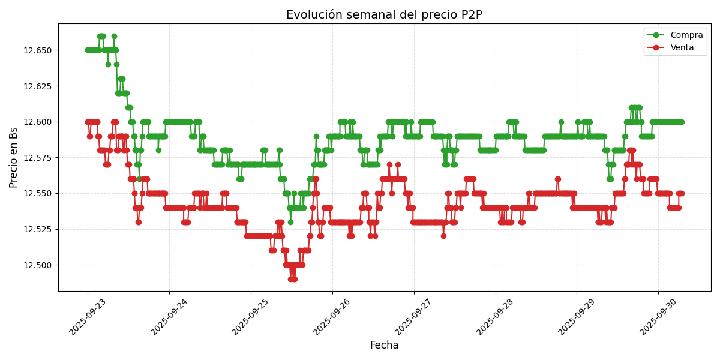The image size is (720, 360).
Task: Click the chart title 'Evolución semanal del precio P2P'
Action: [x=384, y=15]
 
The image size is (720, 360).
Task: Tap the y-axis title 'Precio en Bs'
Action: [x=14, y=157]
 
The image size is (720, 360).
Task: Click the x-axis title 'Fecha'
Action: [x=384, y=346]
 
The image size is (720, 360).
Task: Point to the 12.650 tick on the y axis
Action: [x=38, y=50]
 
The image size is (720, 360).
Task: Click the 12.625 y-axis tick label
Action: [x=38, y=86]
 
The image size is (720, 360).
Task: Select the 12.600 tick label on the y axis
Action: [x=38, y=122]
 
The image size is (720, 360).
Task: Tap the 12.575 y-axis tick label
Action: [x=38, y=158]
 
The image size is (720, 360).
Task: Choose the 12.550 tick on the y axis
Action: [x=38, y=193]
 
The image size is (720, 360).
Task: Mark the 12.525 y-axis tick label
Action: [x=38, y=229]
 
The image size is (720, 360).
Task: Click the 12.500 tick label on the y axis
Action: [x=38, y=265]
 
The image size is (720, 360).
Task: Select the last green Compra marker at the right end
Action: [x=681, y=122]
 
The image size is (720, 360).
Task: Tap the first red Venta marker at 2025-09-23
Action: [x=88, y=122]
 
